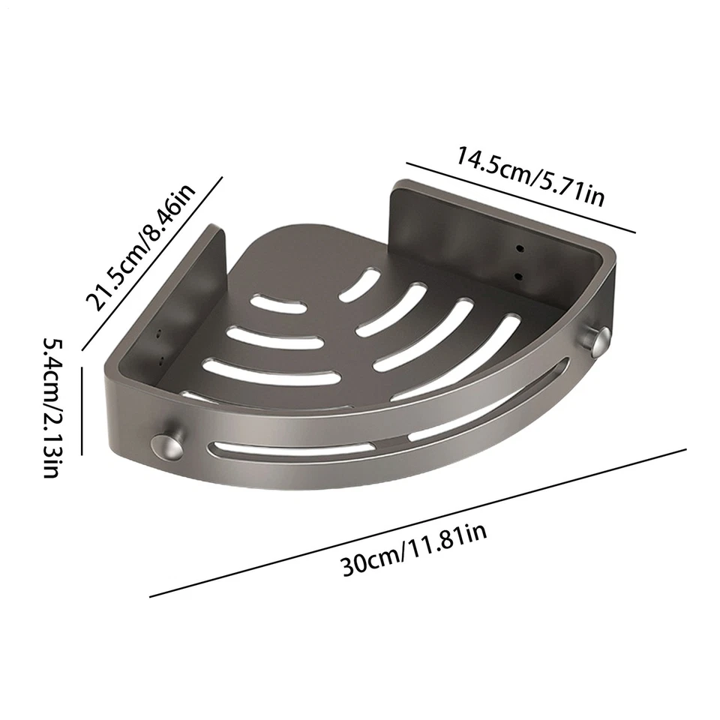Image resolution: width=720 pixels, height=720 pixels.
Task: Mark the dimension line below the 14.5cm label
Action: [x=520, y=197]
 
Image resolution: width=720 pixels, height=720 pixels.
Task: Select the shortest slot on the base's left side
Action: [x=277, y=304]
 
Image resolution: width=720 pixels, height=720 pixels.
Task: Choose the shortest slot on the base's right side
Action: [x=359, y=286]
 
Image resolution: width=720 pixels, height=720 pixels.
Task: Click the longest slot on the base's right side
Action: [x=457, y=355]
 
